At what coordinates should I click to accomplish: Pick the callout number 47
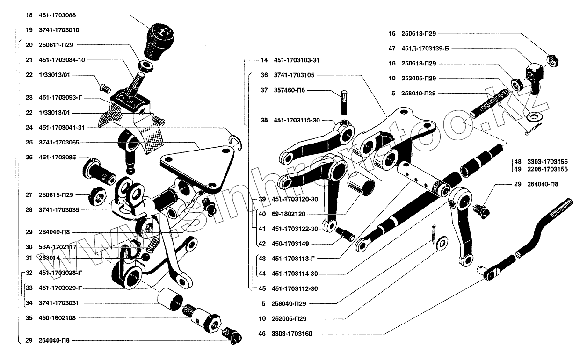[392, 48]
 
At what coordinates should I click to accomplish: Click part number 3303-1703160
[291, 334]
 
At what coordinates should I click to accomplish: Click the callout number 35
[29, 318]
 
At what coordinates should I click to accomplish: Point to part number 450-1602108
[58, 318]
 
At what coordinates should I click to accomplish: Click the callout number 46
[262, 334]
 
